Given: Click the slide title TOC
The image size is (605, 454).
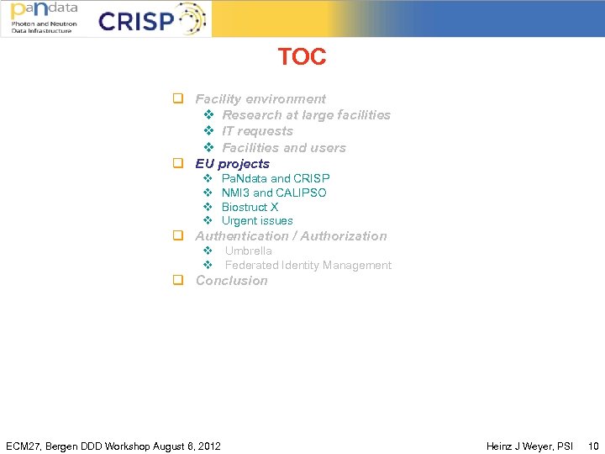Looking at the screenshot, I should tap(302, 57).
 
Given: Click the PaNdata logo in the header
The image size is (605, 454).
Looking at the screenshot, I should tap(44, 18).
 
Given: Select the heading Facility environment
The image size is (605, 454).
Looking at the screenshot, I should tap(260, 99).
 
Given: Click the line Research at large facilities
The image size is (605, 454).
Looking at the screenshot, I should tap(306, 115).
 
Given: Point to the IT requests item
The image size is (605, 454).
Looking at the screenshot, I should tap(257, 131).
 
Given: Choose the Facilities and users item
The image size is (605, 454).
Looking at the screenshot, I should tap(283, 148).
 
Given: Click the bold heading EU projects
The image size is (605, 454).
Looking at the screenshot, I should tap(232, 164).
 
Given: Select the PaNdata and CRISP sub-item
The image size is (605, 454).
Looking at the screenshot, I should tap(275, 178).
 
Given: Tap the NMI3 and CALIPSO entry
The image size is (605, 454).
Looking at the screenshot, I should tap(274, 193).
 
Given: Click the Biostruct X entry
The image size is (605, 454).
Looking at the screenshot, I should tap(250, 207).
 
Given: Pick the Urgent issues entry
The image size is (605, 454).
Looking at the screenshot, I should tap(257, 221).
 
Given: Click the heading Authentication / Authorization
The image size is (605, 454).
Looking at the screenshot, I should tap(291, 236).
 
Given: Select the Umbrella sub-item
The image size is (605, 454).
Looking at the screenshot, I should tap(248, 251).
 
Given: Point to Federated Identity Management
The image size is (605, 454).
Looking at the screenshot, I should tap(308, 265).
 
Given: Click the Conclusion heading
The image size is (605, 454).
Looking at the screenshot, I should tap(231, 281).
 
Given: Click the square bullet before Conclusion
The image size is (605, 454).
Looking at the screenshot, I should tap(178, 281).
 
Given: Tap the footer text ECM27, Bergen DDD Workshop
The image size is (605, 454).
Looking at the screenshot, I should tap(113, 446).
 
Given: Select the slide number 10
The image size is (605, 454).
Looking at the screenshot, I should tap(593, 446).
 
